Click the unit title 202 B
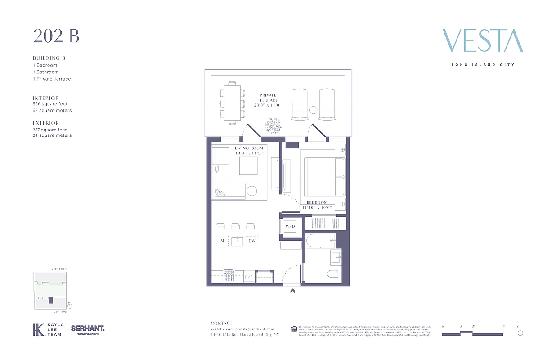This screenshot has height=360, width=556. pyautogui.click(x=56, y=36)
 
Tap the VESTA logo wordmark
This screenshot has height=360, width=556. pyautogui.click(x=482, y=41)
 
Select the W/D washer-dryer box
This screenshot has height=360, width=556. pyautogui.click(x=290, y=226)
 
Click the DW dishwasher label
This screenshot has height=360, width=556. pyautogui.click(x=251, y=241)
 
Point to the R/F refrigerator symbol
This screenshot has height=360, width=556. pyautogui.click(x=249, y=278)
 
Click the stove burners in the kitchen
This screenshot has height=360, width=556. pyautogui.click(x=229, y=275)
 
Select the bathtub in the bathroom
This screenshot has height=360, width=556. pyautogui.click(x=320, y=241)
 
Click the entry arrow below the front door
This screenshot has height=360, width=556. pyautogui.click(x=292, y=291)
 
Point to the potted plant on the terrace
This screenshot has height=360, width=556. pyautogui.click(x=273, y=125)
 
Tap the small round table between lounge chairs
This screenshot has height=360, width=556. pyautogui.click(x=313, y=110)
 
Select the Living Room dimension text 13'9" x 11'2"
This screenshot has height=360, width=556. pyautogui.click(x=248, y=153)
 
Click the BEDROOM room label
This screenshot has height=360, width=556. pyautogui.click(x=317, y=202)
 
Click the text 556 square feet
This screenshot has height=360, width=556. pyautogui.click(x=50, y=104)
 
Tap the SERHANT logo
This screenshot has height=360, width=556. pyautogui.click(x=88, y=329)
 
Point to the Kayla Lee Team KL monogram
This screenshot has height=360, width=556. pyautogui.click(x=38, y=329)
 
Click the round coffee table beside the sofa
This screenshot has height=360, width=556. pyautogui.click(x=252, y=191)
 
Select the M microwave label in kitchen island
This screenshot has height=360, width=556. pyautogui.click(x=222, y=241)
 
